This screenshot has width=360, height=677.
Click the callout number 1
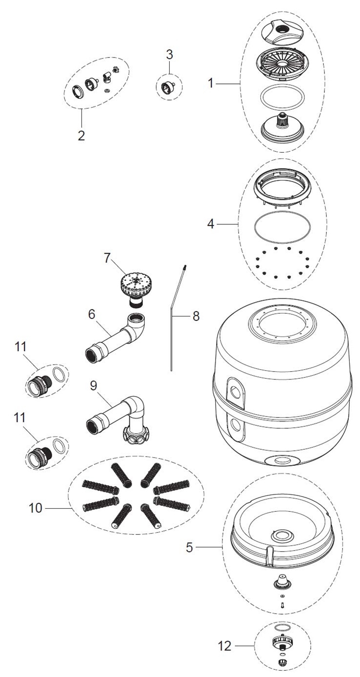tap(210, 83)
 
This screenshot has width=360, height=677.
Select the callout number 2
tap(81, 136)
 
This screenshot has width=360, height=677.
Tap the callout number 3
tap(170, 55)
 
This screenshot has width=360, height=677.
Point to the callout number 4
tap(211, 224)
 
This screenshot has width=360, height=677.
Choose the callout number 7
tap(107, 259)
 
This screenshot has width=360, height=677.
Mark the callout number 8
tap(196, 316)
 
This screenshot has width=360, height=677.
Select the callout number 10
tap(35, 508)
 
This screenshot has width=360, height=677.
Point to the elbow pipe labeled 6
tap(116, 336)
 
